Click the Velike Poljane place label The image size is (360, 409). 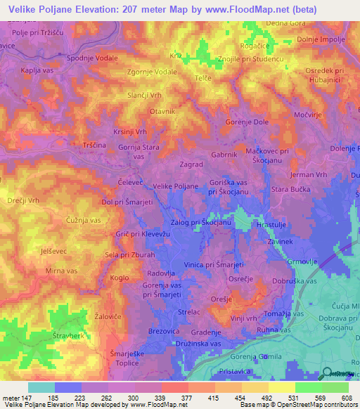click(x=176, y=186)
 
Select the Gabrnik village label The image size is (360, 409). click(x=224, y=154)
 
